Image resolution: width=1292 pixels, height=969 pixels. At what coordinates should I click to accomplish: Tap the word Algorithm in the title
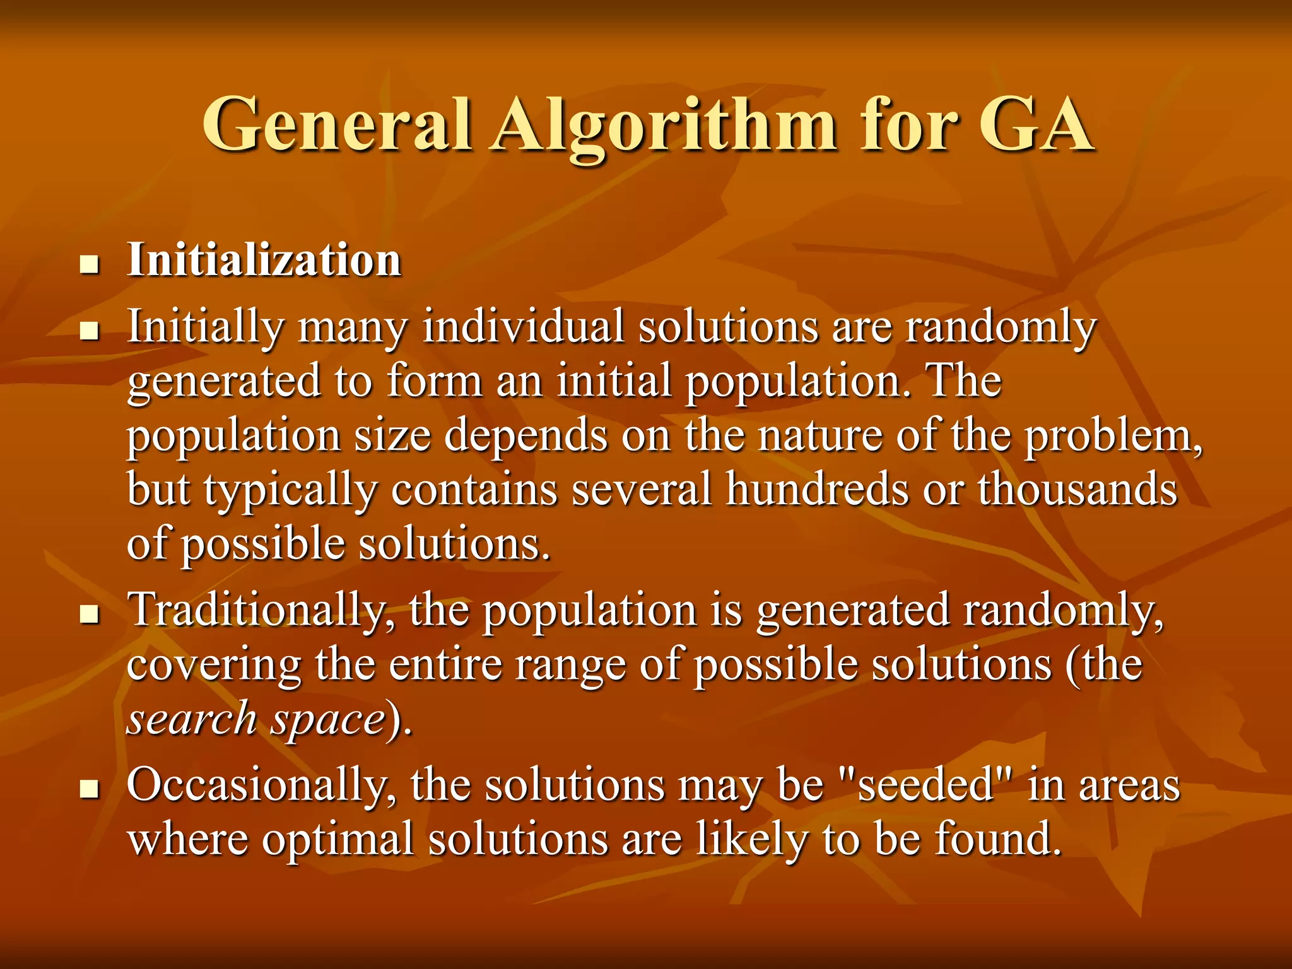[x=665, y=129]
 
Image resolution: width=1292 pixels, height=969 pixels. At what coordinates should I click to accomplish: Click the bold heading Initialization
[x=264, y=260]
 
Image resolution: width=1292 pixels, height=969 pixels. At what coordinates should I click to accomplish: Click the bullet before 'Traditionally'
[x=90, y=614]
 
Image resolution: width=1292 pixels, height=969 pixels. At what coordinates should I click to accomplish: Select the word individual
[x=523, y=327]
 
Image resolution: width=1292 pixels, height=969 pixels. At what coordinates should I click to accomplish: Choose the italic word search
[x=192, y=719]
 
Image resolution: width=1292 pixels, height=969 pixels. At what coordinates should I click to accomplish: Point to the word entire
[x=445, y=665]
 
